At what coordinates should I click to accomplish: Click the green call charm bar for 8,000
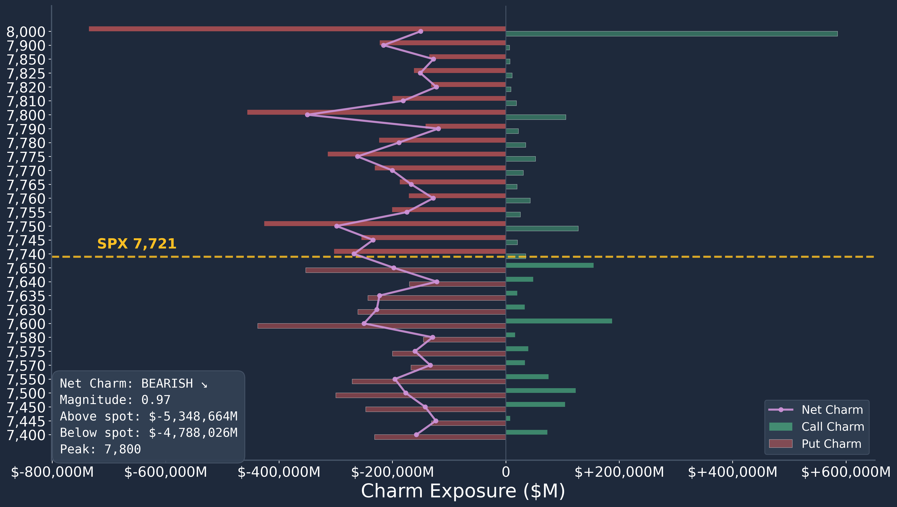[671, 34]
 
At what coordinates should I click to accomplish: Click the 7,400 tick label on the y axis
[26, 435]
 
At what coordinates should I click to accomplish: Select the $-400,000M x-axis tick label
[279, 472]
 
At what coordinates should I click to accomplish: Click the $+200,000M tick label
[619, 472]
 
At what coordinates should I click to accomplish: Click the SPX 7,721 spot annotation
[137, 244]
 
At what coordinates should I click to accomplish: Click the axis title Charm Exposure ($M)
[463, 491]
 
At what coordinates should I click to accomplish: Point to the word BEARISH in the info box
[167, 383]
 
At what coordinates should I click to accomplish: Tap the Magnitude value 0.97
[156, 400]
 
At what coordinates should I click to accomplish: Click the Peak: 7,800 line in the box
[100, 449]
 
